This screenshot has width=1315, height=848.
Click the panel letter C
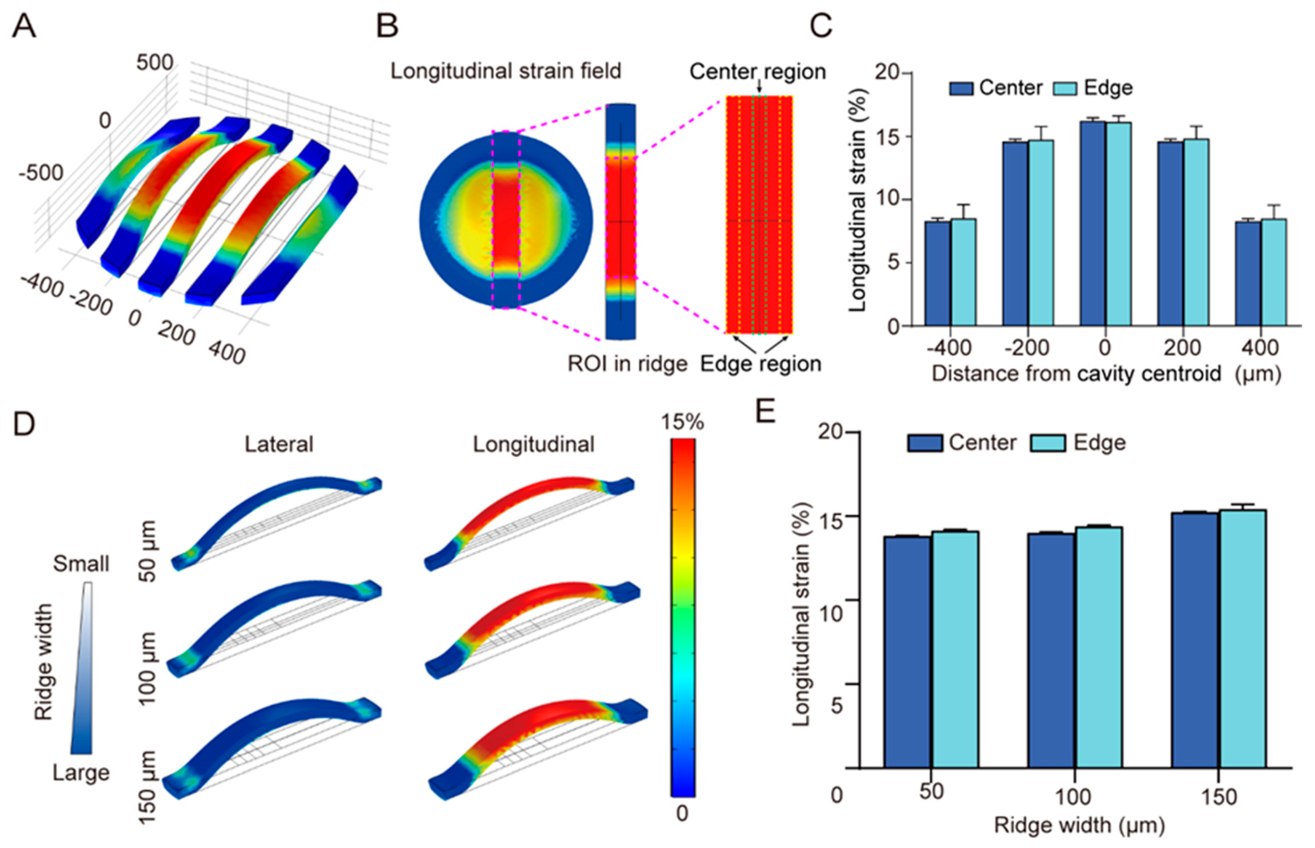(820, 26)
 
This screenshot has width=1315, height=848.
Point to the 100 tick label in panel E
(1074, 796)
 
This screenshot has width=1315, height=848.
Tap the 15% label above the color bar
(682, 422)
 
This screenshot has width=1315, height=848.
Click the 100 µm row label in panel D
(147, 668)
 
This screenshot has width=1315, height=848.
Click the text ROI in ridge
(627, 364)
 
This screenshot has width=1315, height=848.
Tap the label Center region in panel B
(757, 72)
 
